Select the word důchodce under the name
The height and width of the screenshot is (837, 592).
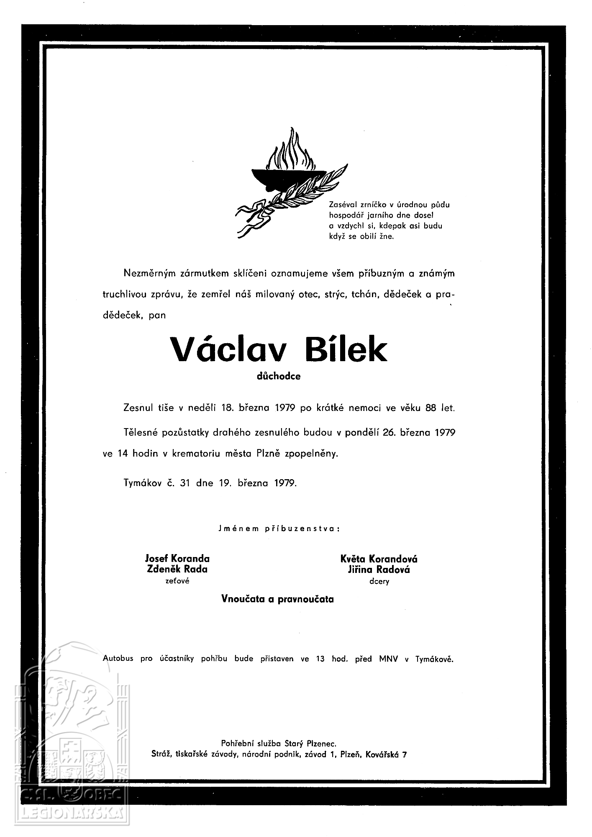click(x=279, y=376)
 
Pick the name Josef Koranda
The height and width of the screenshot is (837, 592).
click(x=177, y=558)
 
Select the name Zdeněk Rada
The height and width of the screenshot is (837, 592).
click(x=177, y=569)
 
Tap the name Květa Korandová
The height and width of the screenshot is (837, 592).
click(x=379, y=559)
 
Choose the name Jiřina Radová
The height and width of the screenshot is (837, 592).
click(x=379, y=570)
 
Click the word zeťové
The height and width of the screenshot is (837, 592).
click(x=177, y=581)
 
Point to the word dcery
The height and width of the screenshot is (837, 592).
click(x=379, y=581)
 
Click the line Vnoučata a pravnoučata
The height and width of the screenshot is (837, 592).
click(x=277, y=599)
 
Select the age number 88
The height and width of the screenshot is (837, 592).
click(x=431, y=408)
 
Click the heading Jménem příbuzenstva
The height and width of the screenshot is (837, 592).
click(x=279, y=529)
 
